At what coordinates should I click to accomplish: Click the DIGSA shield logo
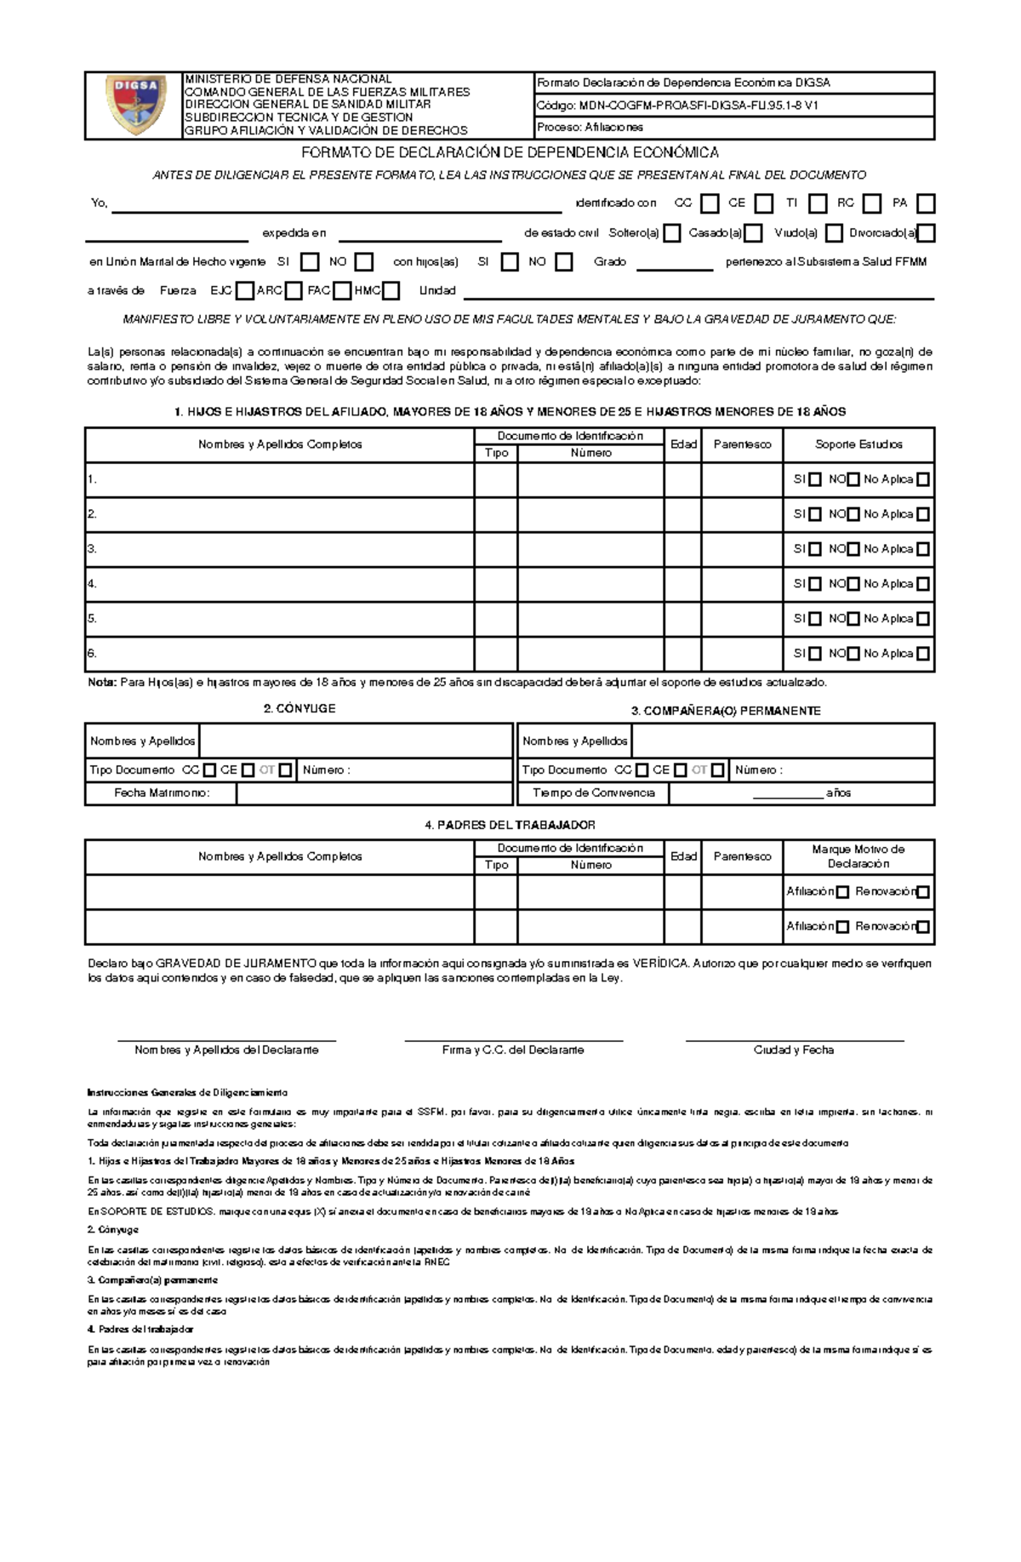tap(135, 105)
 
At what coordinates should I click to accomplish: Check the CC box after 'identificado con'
tap(710, 203)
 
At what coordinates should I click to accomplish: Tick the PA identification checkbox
tap(926, 203)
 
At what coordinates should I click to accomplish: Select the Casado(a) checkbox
tap(752, 233)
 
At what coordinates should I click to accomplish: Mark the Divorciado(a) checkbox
tap(927, 233)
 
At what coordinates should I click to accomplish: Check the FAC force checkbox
tap(342, 291)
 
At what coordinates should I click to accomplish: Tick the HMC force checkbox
tap(391, 291)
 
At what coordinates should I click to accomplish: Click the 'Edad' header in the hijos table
tap(683, 443)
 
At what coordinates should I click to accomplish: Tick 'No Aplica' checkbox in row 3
tap(922, 549)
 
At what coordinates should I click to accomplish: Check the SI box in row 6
tap(815, 654)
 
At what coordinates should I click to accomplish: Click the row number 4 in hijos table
tap(92, 584)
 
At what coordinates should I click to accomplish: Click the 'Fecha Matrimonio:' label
tap(162, 792)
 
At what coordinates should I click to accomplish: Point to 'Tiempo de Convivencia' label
tap(593, 792)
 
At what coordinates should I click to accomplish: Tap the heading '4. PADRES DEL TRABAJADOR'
tap(510, 825)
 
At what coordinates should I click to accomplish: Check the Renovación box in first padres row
tap(923, 892)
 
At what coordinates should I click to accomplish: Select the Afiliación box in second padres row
tap(842, 927)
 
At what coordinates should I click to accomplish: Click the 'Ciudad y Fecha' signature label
tap(793, 1050)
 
